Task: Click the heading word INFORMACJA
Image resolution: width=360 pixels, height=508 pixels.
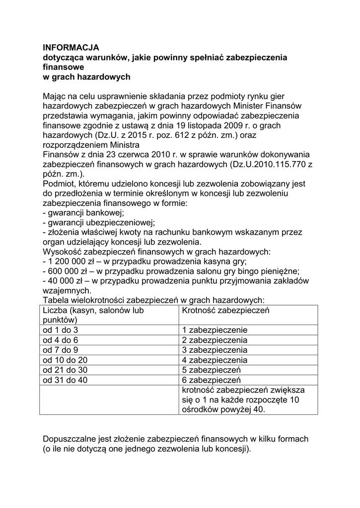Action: coord(71,48)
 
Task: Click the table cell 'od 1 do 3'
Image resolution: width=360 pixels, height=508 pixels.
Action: coord(61,330)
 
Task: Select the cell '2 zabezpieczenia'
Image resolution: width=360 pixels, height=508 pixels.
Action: coord(215,340)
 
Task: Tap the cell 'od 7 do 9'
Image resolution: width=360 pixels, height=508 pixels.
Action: coord(61,350)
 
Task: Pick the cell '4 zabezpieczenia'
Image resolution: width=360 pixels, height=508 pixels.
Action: coord(215,360)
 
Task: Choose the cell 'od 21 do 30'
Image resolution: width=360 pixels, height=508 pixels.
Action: coord(65,370)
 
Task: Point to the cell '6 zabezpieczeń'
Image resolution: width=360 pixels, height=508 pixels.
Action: coord(211,380)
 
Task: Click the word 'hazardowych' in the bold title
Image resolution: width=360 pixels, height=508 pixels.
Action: coord(107,77)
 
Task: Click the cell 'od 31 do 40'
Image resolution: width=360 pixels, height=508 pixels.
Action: coord(65,380)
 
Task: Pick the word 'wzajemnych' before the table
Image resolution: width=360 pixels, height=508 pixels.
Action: coord(67,290)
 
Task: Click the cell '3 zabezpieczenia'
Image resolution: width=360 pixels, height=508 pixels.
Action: coord(215,350)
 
